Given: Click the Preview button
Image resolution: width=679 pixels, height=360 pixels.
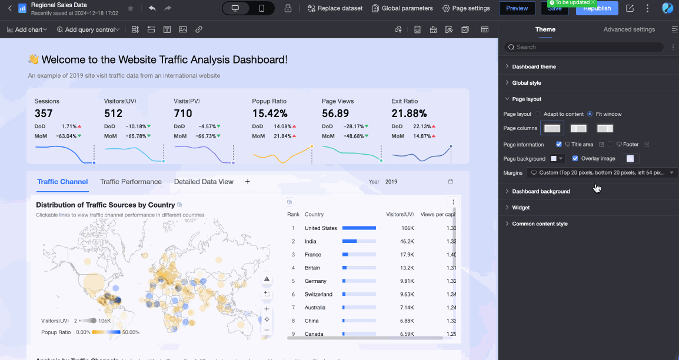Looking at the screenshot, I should (517, 8).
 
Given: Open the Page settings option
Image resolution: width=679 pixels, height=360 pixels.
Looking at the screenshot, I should (466, 8).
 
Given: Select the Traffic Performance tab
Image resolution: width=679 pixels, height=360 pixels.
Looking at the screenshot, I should (131, 182).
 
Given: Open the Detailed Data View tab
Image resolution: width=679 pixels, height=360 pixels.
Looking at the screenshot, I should (204, 182).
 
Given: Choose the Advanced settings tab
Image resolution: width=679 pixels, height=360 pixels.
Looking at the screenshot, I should (628, 29).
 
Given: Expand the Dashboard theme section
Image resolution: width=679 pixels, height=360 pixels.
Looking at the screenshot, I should (534, 66).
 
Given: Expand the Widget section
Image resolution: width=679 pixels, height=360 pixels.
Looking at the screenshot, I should (521, 208).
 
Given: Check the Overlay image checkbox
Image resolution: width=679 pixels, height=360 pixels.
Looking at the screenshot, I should (575, 158).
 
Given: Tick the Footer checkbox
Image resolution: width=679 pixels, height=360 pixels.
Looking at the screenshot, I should (611, 144).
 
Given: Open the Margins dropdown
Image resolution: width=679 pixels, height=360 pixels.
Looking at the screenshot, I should (601, 173).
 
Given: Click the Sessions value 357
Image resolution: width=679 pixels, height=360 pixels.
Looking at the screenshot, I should (44, 114).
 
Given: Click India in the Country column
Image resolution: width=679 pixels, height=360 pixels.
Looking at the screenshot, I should (310, 241).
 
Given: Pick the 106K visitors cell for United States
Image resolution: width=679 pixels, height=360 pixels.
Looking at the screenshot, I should (407, 228).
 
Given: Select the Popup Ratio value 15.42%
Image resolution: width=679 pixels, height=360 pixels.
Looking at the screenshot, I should (269, 114).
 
